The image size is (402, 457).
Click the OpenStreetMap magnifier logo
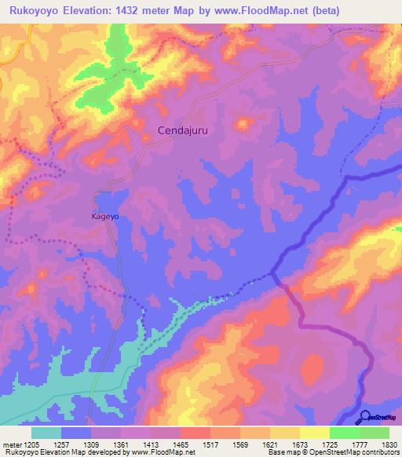[364, 417]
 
